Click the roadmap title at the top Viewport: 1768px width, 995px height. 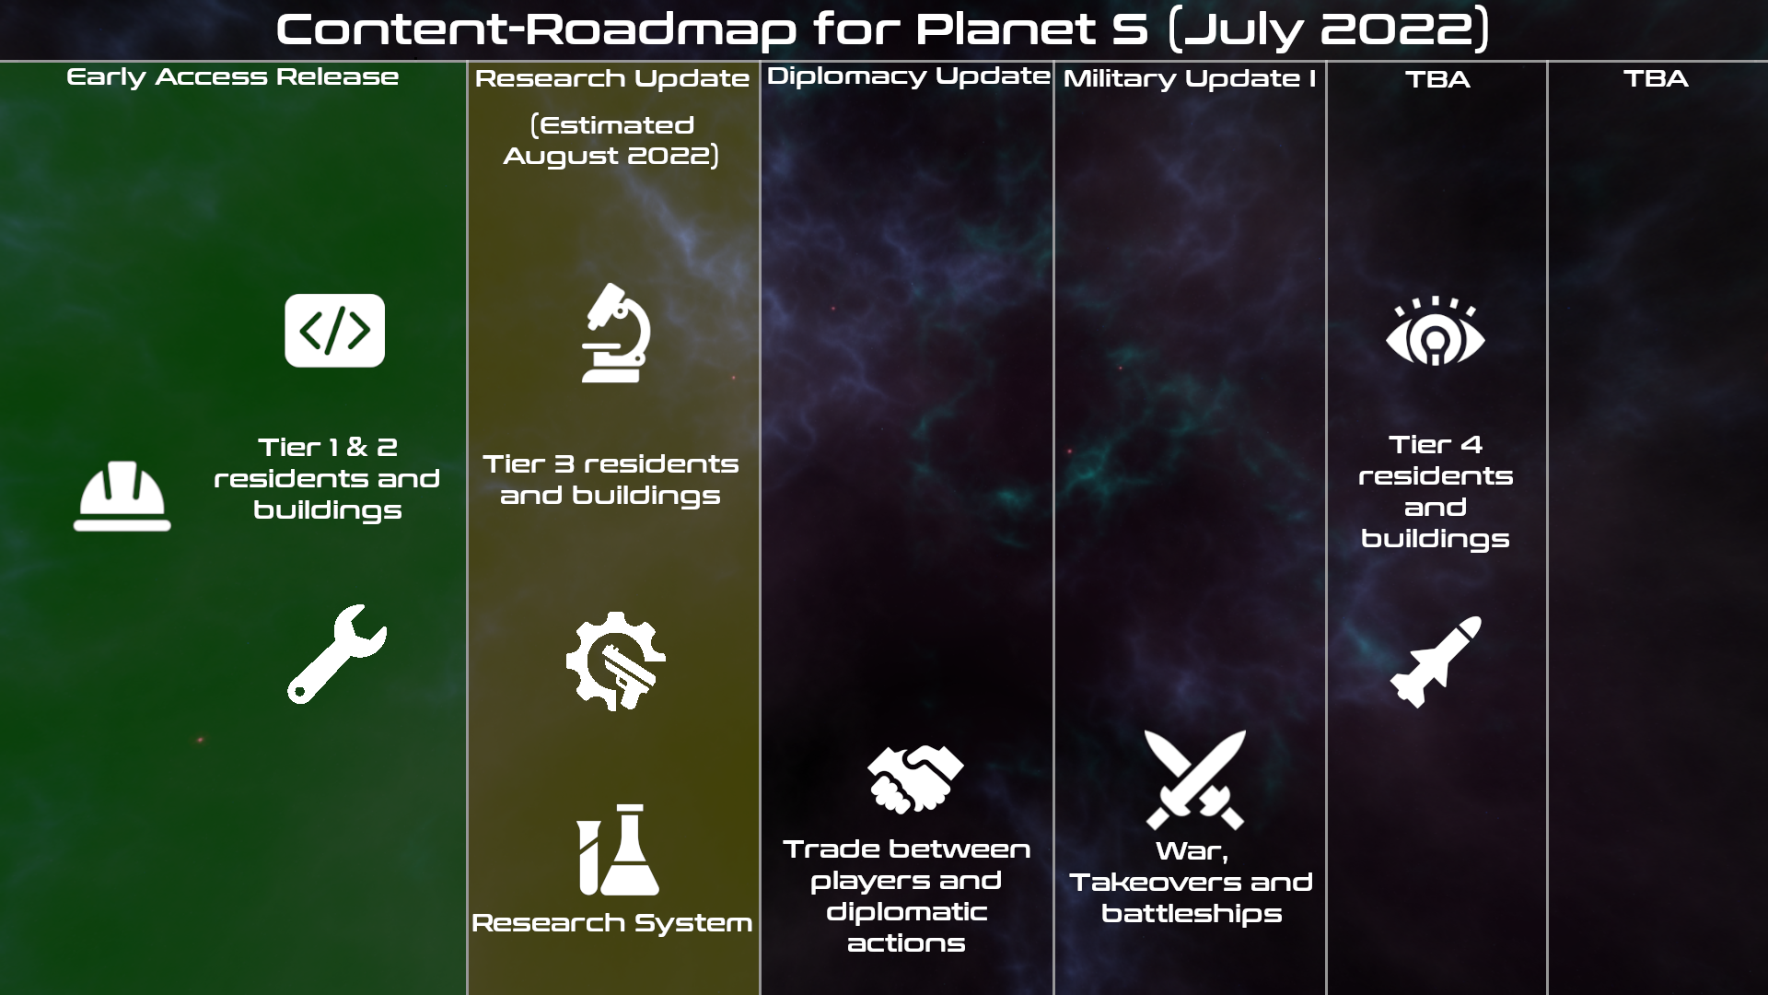pos(882,29)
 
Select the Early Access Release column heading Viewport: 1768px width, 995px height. pos(233,77)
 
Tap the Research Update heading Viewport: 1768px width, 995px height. pos(612,79)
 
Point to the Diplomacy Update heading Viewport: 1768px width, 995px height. pos(908,76)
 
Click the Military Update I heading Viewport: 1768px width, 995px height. pos(1190,79)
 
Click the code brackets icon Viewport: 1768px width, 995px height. pos(335,331)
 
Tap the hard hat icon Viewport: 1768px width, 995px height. pos(122,496)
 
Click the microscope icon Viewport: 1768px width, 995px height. pos(616,333)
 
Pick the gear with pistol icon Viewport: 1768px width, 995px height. pos(615,661)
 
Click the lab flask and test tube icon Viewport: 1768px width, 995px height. pos(618,849)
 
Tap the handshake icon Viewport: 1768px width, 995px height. pos(915,779)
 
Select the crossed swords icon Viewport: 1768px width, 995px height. pos(1195,779)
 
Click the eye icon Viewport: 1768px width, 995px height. pos(1436,332)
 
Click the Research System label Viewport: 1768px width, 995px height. pos(612,923)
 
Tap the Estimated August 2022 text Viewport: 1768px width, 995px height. pos(612,141)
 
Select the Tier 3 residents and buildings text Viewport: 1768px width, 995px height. pos(611,480)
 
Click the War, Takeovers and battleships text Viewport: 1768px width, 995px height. pos(1192,883)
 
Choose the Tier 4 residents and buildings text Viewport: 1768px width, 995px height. pos(1436,492)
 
